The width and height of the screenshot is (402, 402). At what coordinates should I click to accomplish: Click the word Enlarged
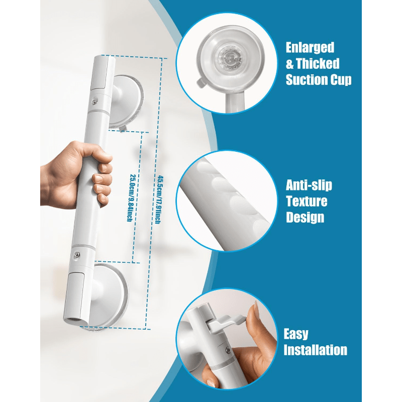click(310, 48)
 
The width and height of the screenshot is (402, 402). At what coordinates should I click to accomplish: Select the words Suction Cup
click(319, 80)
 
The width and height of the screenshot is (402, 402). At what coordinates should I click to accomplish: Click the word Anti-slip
click(309, 185)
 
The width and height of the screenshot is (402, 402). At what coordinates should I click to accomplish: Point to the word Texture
click(307, 202)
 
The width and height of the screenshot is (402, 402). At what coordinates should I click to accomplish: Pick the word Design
click(305, 218)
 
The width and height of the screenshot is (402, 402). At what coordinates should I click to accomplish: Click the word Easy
click(296, 335)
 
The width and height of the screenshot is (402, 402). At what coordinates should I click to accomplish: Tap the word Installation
click(316, 350)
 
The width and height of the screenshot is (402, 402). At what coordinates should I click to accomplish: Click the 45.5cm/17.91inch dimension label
click(158, 199)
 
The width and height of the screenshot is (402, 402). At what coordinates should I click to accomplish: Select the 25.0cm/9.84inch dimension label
click(131, 197)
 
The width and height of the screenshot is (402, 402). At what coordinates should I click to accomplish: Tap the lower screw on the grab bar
click(76, 255)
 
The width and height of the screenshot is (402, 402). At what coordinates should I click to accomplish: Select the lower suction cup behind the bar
click(110, 295)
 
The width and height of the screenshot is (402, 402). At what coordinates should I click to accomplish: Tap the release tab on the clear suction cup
click(201, 82)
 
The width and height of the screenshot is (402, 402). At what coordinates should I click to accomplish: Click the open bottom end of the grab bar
click(74, 321)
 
